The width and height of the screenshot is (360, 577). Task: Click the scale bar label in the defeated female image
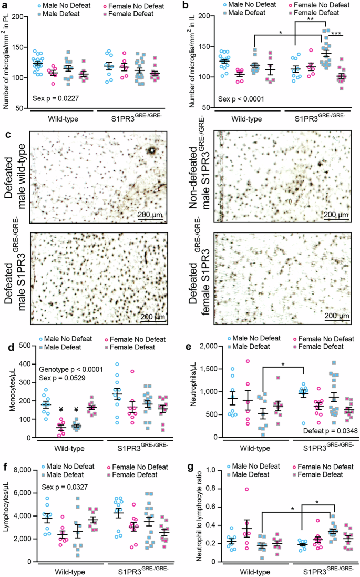coord(336,316)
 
